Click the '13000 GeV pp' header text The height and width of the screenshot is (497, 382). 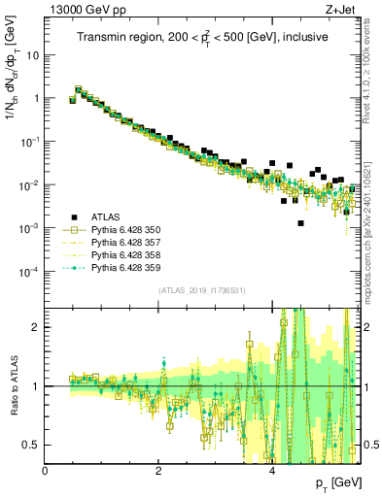[x=79, y=9]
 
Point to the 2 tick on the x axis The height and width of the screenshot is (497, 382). [x=158, y=470]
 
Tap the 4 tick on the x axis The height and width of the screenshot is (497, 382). [x=272, y=470]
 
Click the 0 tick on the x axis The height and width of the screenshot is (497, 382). [x=46, y=470]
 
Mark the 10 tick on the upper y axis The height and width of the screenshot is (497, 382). [x=32, y=55]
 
